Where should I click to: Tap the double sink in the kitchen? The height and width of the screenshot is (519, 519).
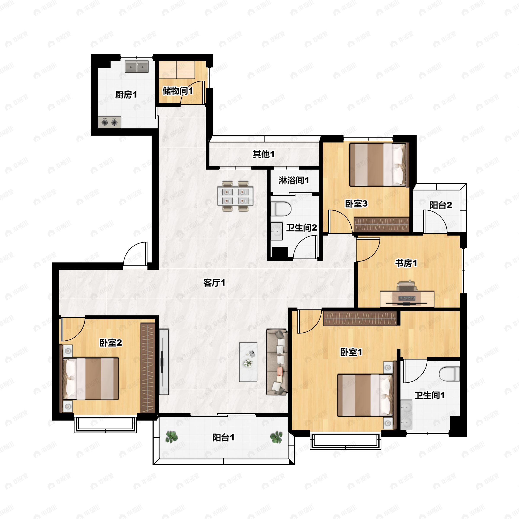coord(137,66)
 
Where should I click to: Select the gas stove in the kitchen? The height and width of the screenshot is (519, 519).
coord(109,122)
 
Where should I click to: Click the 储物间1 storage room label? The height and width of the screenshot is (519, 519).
coord(178,91)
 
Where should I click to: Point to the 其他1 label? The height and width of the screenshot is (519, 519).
coord(264,154)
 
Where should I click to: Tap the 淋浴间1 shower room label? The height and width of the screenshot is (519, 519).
coord(294,180)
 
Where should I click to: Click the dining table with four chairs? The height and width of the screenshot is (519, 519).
coord(235,196)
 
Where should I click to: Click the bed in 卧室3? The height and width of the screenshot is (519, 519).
coord(379,164)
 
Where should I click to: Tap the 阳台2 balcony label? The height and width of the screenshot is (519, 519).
coord(441,205)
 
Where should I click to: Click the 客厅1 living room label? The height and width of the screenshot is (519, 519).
coord(214,283)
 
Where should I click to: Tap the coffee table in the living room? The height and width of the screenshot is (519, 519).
coord(248,362)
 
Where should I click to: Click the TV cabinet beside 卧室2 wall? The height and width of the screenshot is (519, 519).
coord(164,362)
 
